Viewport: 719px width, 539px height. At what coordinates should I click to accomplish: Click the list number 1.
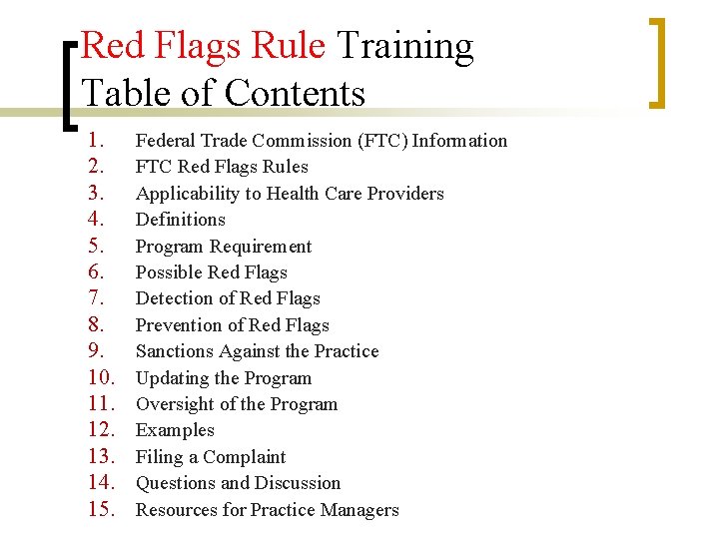(x=97, y=141)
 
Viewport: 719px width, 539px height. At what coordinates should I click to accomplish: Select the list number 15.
(x=104, y=510)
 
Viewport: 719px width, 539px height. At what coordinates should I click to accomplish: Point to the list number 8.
(x=97, y=325)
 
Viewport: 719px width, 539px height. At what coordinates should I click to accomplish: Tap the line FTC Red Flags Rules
(x=222, y=167)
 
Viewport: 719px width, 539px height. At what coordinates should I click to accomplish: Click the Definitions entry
(x=181, y=220)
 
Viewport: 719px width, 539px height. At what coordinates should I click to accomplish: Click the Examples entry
(x=175, y=430)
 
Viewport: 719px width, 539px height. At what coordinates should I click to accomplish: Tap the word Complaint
(x=245, y=457)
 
